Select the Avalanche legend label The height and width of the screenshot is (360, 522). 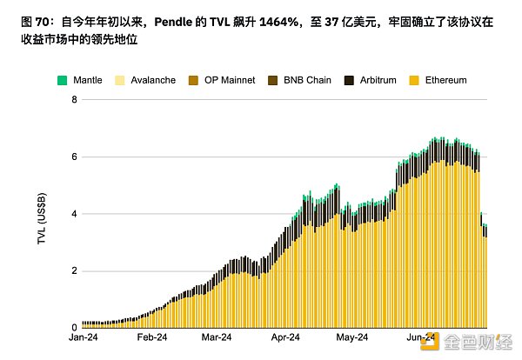(159, 80)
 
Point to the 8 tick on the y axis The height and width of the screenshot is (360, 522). (74, 100)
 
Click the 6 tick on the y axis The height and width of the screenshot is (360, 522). (74, 157)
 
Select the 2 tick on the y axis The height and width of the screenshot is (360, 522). (74, 270)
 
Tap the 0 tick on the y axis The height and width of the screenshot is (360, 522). (74, 327)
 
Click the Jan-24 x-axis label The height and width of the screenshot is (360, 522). (83, 337)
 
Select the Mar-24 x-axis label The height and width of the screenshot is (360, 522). (217, 337)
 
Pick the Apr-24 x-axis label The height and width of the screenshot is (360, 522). (284, 337)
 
